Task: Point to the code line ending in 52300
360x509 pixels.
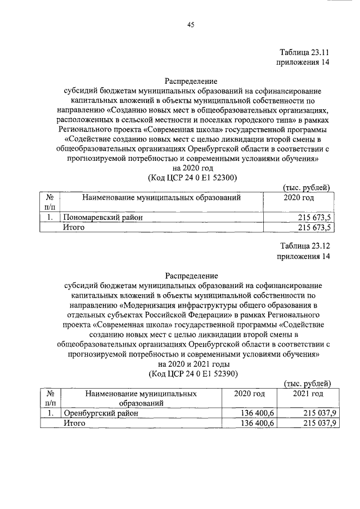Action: [x=191, y=177]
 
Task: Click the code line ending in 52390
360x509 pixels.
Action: [x=191, y=373]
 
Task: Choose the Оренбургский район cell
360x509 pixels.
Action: [x=100, y=413]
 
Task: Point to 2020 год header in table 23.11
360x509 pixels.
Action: [x=298, y=197]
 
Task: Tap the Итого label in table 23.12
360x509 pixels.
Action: [x=74, y=424]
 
